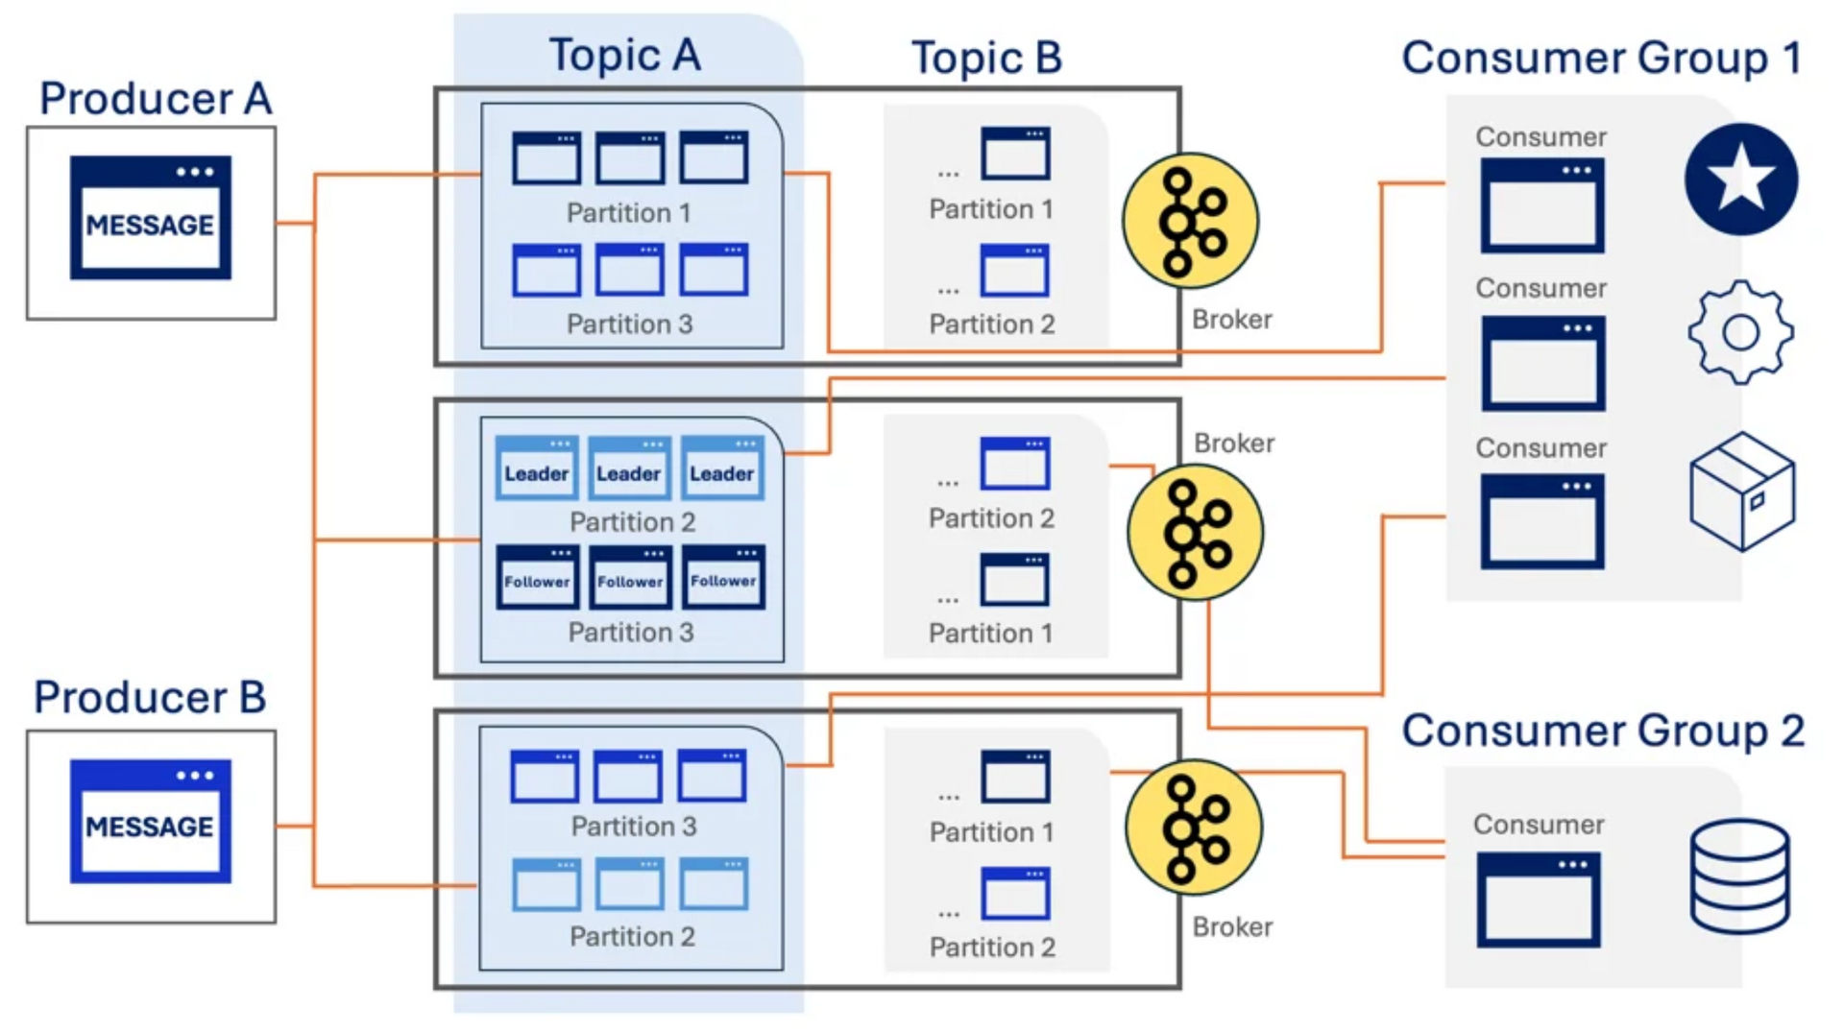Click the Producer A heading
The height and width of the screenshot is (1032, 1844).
click(156, 99)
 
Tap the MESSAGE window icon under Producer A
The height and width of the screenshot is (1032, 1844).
click(151, 218)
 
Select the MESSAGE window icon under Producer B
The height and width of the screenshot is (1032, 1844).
click(151, 821)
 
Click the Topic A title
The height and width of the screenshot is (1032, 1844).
click(625, 56)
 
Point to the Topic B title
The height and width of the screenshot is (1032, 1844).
click(986, 58)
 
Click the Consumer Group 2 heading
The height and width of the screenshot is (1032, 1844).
click(1603, 731)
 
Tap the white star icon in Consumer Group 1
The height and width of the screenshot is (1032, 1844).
click(1741, 180)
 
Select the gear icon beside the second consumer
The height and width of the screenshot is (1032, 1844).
click(1740, 332)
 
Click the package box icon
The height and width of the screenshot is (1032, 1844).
click(1742, 491)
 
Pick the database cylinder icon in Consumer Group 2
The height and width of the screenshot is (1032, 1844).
click(1739, 876)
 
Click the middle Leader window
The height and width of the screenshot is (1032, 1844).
click(629, 468)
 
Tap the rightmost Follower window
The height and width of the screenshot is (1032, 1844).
click(723, 577)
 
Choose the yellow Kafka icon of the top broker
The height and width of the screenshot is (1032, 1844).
click(1191, 221)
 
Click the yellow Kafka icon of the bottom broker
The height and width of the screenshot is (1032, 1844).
click(1194, 828)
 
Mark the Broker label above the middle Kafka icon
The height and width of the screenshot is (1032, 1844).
click(1234, 444)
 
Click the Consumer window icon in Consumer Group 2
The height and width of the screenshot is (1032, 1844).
click(1539, 900)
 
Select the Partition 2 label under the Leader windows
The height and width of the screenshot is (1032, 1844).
click(632, 522)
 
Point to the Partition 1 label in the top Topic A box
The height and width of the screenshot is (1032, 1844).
click(629, 213)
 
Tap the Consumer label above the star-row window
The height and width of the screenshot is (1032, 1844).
click(1541, 137)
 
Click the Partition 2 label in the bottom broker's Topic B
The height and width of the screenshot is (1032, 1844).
click(992, 948)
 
